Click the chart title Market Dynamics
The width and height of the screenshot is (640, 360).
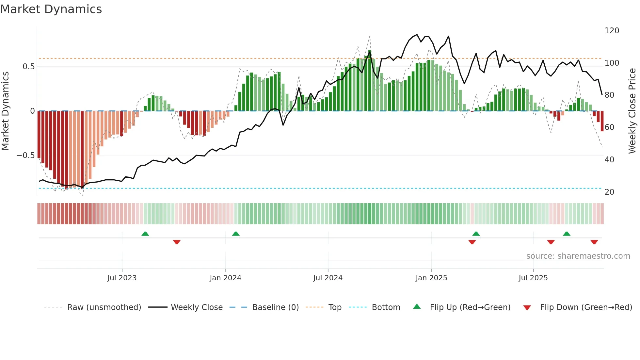51,9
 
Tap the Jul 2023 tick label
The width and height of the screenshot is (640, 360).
122,278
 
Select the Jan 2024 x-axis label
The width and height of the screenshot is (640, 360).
225,278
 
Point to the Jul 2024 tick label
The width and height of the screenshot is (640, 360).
328,278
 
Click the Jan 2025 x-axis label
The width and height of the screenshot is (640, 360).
431,278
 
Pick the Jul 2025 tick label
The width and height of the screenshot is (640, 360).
533,278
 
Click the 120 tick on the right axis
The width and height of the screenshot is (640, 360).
612,31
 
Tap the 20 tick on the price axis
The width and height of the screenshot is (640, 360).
609,192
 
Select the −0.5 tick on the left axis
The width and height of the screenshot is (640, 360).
25,155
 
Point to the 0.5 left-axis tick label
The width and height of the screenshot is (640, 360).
28,67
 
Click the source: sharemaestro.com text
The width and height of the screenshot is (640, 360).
578,256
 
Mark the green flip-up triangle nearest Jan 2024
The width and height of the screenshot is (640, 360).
236,234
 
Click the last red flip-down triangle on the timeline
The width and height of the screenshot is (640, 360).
594,242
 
